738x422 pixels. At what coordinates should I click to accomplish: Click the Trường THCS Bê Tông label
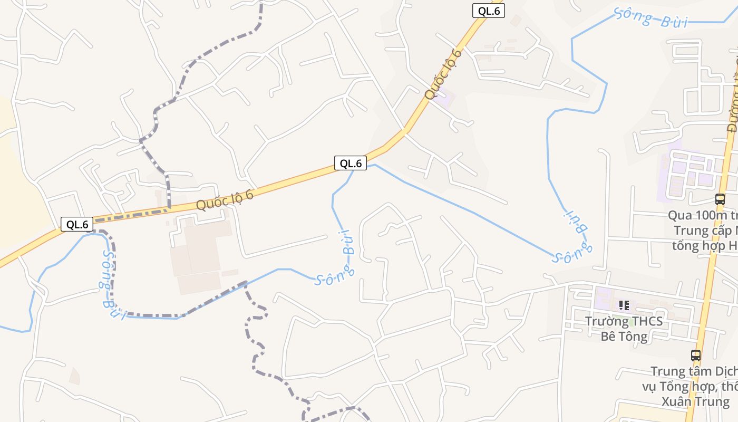[x=624, y=328]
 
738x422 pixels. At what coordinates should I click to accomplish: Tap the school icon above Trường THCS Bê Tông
[x=624, y=305]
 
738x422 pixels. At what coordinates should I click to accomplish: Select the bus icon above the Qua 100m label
[x=720, y=199]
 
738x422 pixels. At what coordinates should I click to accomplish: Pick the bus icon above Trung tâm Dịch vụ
[x=696, y=356]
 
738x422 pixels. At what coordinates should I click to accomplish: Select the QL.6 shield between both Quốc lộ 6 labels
[x=350, y=164]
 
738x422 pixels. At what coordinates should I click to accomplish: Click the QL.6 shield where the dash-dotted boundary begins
[x=77, y=224]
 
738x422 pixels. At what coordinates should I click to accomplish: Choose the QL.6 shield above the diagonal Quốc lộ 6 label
[x=488, y=11]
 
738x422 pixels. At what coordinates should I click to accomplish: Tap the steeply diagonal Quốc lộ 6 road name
[x=443, y=74]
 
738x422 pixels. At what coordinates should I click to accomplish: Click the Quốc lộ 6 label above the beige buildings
[x=225, y=200]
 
